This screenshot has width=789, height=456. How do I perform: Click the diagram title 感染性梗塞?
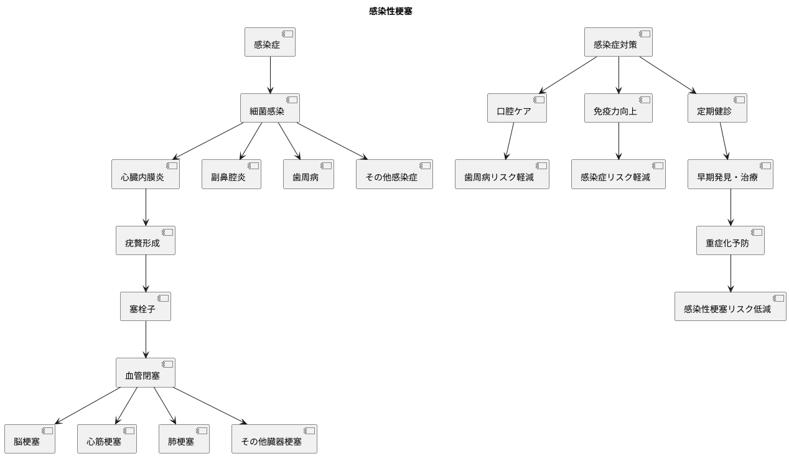point(390,11)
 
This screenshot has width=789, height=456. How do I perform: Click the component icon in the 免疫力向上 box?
point(645,100)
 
